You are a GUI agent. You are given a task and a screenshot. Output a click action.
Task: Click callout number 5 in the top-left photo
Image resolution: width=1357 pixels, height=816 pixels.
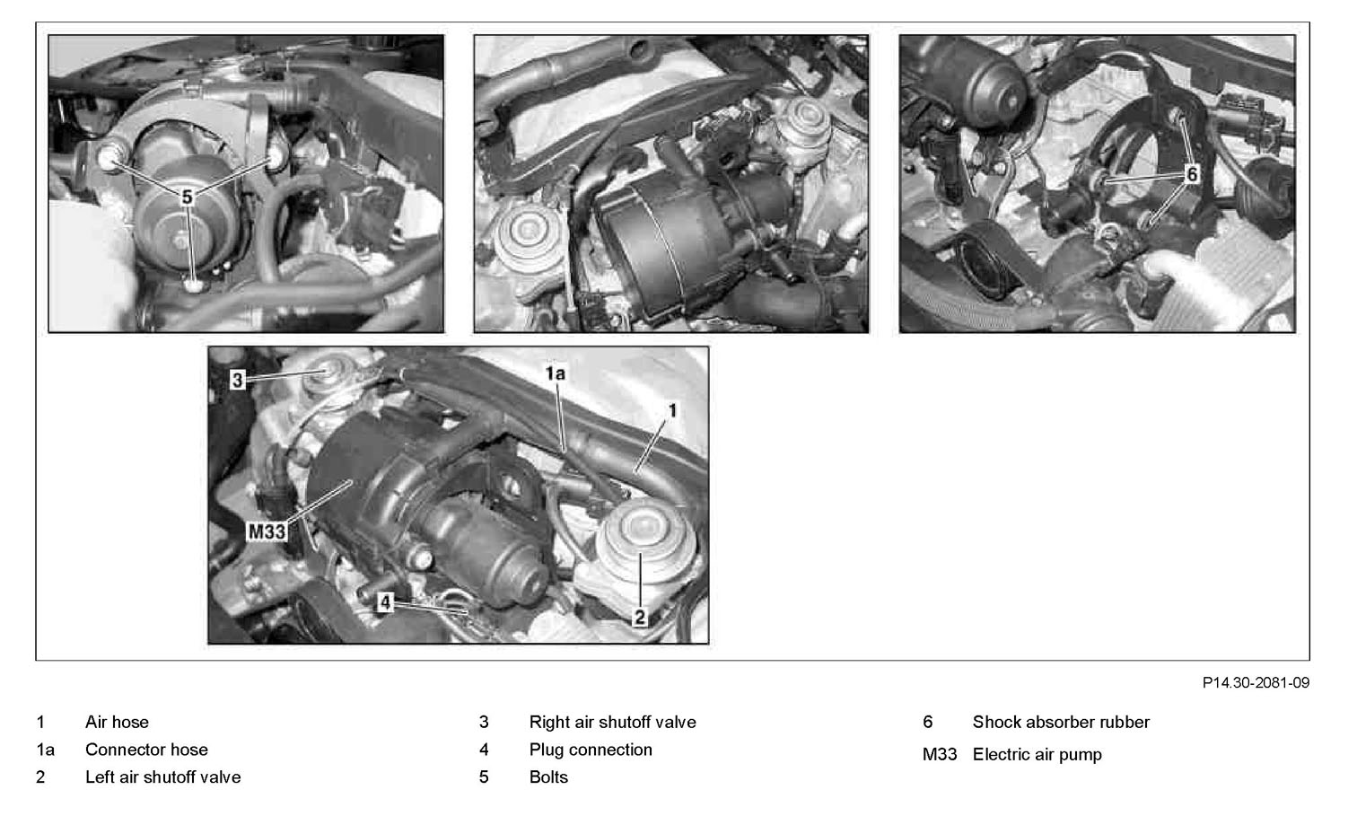point(188,197)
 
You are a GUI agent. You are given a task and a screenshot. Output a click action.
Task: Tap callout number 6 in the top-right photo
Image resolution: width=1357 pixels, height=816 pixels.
point(1192,174)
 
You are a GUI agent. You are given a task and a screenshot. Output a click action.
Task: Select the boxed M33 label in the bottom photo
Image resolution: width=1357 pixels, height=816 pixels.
point(267,532)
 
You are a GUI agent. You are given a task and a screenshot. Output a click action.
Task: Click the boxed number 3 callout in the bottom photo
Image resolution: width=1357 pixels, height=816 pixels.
point(238,381)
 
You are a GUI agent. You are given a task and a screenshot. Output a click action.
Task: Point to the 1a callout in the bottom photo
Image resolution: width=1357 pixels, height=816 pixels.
point(555,373)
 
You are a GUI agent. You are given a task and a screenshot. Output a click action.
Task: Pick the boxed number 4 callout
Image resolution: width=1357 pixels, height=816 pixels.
point(385,602)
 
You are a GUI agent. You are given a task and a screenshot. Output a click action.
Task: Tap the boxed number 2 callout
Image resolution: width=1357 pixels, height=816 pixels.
point(640,618)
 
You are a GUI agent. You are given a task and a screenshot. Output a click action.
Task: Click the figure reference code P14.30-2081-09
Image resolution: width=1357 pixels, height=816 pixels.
point(1256,683)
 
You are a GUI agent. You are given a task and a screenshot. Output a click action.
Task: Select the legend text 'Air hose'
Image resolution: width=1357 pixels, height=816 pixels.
point(117,722)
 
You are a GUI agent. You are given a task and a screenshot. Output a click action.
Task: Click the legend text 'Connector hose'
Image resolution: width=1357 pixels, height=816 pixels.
point(146,750)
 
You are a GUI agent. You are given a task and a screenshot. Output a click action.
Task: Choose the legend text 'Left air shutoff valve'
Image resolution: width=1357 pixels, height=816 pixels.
point(163,777)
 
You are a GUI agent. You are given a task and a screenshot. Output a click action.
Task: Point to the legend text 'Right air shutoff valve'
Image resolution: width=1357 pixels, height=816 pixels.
point(612,722)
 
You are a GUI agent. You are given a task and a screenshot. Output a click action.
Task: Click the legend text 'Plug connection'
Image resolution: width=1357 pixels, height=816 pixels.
point(591,750)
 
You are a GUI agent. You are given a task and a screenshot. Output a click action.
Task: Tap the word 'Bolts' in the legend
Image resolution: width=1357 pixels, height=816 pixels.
point(548,777)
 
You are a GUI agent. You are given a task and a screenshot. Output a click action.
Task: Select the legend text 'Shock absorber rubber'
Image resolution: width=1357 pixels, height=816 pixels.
point(1061,722)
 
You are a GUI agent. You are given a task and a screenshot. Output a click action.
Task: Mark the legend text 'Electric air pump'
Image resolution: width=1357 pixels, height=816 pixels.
point(1037,755)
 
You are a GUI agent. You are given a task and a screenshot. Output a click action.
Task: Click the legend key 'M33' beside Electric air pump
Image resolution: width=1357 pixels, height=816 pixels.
point(940,755)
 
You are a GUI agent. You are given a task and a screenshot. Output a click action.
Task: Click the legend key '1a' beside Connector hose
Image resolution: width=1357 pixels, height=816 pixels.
point(46,750)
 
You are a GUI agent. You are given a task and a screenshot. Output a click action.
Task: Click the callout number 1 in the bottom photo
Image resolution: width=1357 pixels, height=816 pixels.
point(672,411)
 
